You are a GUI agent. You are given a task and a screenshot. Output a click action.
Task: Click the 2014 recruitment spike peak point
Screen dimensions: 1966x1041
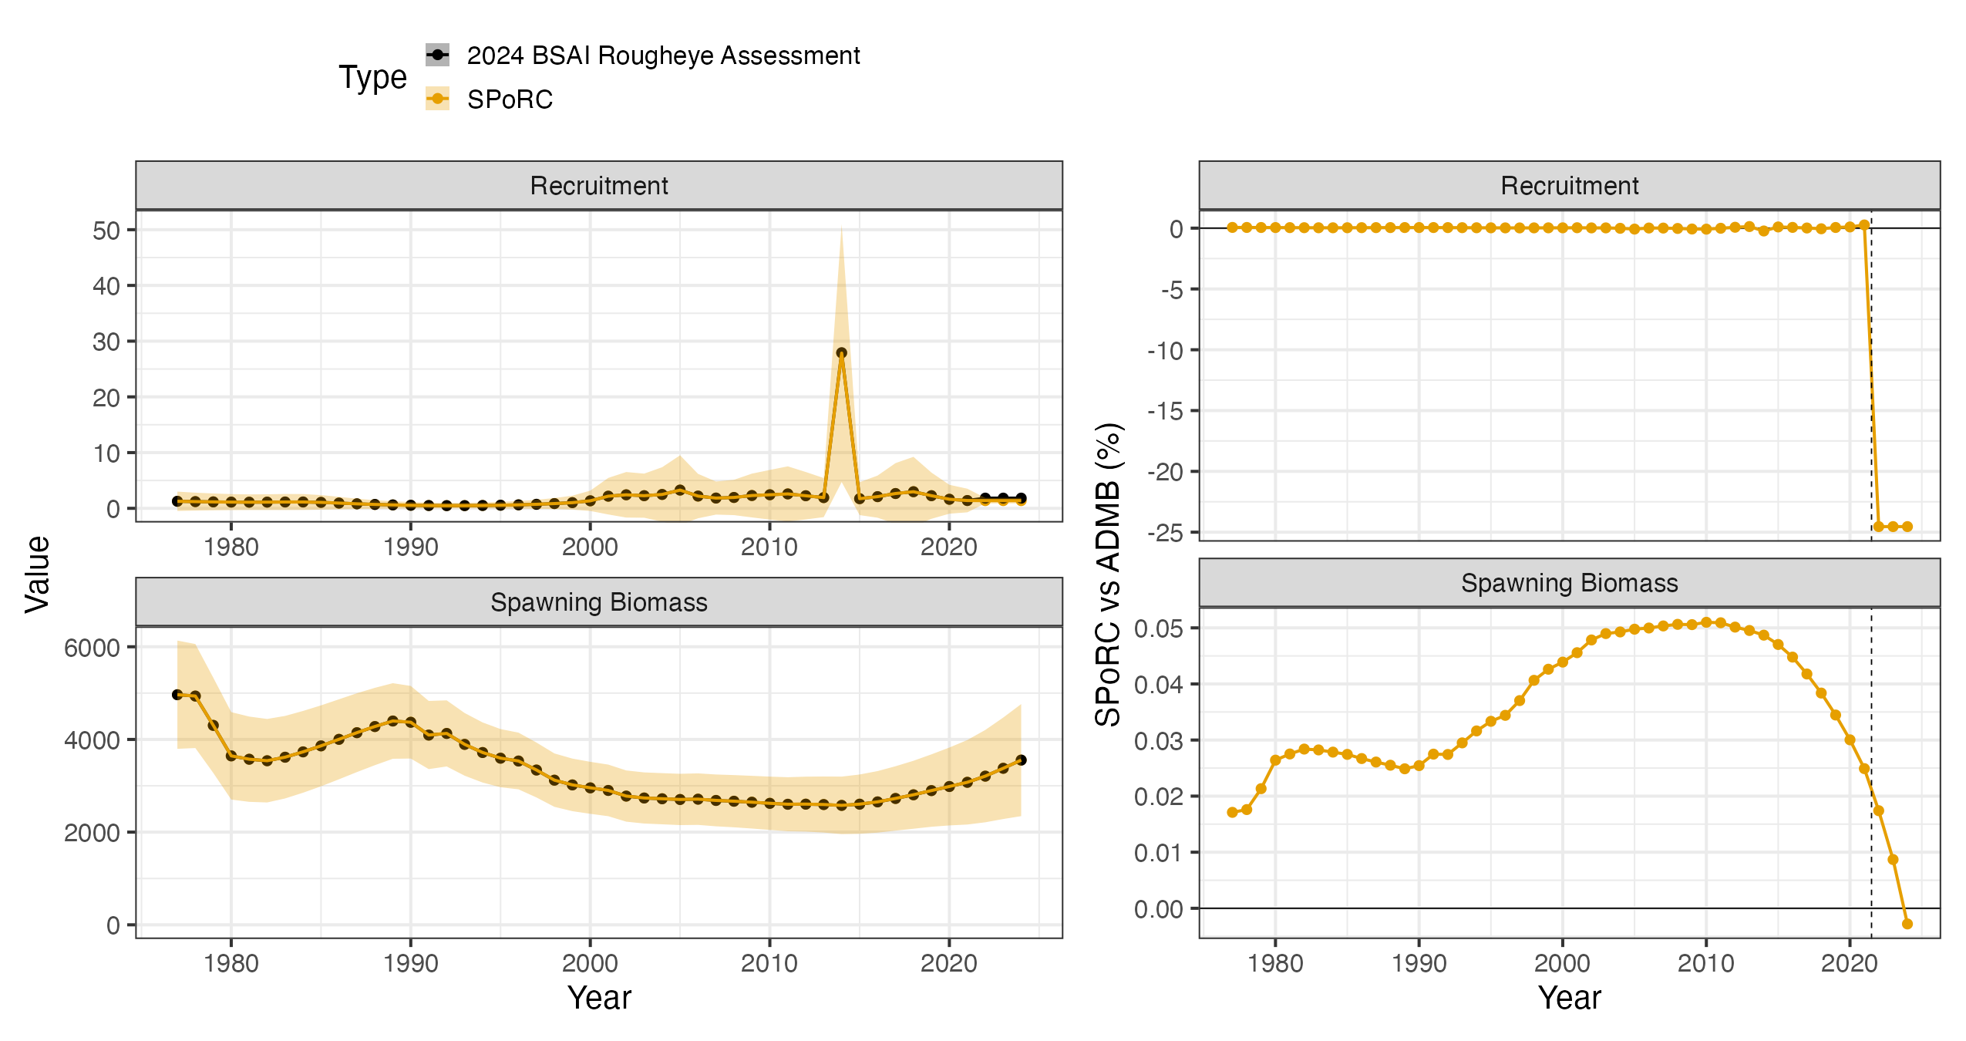point(841,353)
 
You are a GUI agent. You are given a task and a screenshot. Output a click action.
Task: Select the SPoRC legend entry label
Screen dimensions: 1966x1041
point(510,99)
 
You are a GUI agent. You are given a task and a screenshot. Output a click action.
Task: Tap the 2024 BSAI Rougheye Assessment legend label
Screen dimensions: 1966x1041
point(663,56)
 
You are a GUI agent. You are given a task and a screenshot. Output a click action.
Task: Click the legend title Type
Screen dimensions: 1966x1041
point(372,77)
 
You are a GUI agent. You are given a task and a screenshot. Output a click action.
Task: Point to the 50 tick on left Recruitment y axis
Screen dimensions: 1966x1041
point(106,231)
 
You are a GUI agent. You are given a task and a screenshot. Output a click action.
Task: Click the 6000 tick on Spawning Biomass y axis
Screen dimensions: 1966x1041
point(93,648)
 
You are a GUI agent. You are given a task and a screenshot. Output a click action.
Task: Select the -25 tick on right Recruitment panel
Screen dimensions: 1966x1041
point(1165,533)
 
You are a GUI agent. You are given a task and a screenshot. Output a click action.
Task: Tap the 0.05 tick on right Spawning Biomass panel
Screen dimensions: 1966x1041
point(1159,628)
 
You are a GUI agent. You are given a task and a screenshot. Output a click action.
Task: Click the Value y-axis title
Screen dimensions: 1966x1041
point(37,574)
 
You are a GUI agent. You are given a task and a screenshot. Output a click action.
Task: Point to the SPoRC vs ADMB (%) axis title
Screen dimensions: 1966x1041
point(1108,574)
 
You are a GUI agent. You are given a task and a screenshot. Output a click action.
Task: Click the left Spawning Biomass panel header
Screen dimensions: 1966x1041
point(599,601)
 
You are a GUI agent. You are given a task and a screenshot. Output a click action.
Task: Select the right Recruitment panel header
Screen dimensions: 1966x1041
point(1569,185)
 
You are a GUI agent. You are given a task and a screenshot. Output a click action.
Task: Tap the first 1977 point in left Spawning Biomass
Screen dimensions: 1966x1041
point(177,695)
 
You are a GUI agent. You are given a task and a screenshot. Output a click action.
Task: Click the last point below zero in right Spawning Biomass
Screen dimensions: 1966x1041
point(1907,924)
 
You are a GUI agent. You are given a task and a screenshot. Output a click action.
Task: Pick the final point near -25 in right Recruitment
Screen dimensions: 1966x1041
point(1907,527)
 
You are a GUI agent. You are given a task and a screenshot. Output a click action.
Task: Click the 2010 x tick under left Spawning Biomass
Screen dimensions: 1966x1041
point(769,962)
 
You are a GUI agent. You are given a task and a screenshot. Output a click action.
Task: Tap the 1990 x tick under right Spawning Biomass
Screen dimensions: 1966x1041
point(1419,962)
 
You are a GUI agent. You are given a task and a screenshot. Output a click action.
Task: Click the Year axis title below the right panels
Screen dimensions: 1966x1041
point(1569,998)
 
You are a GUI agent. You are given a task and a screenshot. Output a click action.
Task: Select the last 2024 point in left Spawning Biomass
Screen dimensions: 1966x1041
point(1021,760)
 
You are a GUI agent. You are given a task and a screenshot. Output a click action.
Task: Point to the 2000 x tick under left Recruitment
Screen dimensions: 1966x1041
point(590,547)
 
